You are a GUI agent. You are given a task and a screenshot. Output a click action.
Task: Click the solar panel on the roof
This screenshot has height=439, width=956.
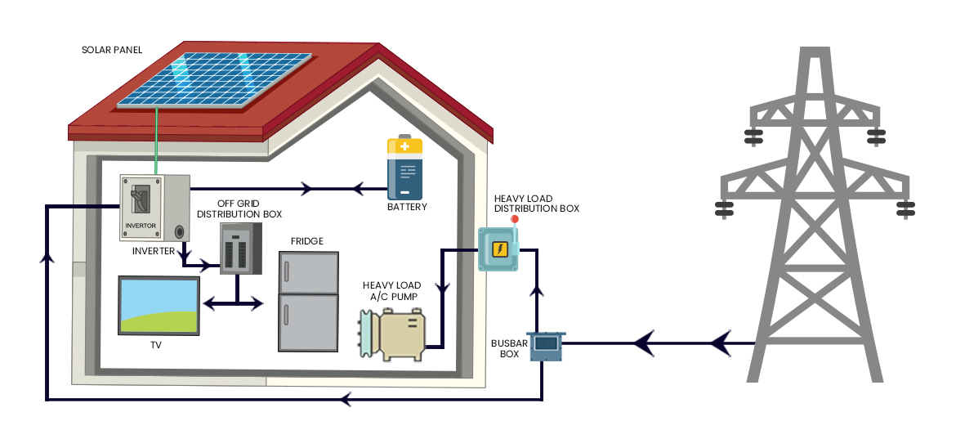(x=214, y=80)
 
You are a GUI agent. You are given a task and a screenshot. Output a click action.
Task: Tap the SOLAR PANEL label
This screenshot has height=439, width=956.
(x=112, y=50)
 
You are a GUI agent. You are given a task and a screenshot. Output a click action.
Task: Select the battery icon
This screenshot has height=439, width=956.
(x=405, y=168)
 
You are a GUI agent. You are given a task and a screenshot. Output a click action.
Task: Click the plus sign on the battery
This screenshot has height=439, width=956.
(x=405, y=147)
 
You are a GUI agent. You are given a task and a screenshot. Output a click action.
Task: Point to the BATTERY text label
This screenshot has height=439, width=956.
(x=407, y=208)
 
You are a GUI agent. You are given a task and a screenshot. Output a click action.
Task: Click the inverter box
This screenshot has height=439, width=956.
(x=154, y=207)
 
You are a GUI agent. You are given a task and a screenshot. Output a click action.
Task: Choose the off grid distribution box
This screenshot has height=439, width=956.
(x=240, y=249)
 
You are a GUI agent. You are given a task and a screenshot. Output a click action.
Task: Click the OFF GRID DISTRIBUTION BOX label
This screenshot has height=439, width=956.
(x=239, y=208)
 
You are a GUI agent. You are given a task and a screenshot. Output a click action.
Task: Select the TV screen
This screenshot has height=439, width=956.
(x=159, y=306)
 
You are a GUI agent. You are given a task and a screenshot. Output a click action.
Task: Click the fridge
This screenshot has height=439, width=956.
(x=308, y=301)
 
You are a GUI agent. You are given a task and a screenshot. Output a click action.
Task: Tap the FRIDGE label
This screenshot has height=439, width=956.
(x=307, y=241)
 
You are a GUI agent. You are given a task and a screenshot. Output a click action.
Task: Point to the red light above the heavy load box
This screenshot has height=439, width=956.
(x=515, y=219)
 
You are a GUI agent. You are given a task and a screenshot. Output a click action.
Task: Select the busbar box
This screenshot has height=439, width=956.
(x=546, y=346)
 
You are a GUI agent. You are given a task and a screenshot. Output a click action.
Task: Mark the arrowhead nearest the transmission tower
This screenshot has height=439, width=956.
(x=719, y=343)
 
